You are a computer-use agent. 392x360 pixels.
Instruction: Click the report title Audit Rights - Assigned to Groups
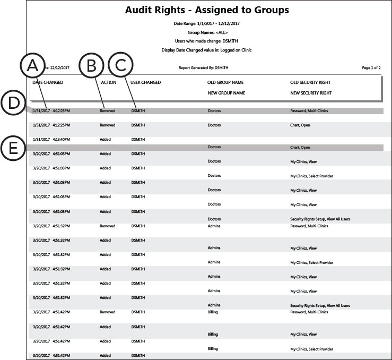[206, 10]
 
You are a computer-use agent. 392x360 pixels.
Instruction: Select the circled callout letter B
[91, 67]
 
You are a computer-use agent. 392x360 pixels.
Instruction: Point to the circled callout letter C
[120, 67]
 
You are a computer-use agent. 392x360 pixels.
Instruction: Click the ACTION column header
[108, 82]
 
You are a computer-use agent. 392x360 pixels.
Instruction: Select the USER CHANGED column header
[145, 82]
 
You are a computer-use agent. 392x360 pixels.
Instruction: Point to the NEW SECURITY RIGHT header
[311, 93]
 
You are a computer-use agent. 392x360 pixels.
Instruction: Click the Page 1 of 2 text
[371, 68]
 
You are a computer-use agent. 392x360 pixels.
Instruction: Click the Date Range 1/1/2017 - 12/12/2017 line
[206, 24]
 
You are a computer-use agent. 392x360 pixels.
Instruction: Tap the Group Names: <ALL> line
[206, 32]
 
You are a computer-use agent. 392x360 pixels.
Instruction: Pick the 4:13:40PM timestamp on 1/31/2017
[62, 140]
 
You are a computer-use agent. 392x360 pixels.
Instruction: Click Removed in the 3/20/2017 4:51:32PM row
[107, 226]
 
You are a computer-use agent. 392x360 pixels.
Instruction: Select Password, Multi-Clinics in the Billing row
[309, 313]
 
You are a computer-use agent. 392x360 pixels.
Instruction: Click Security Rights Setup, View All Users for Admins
[320, 306]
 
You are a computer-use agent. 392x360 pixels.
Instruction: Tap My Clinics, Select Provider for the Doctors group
[311, 176]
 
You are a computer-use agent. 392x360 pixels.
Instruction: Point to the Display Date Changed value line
[206, 50]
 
